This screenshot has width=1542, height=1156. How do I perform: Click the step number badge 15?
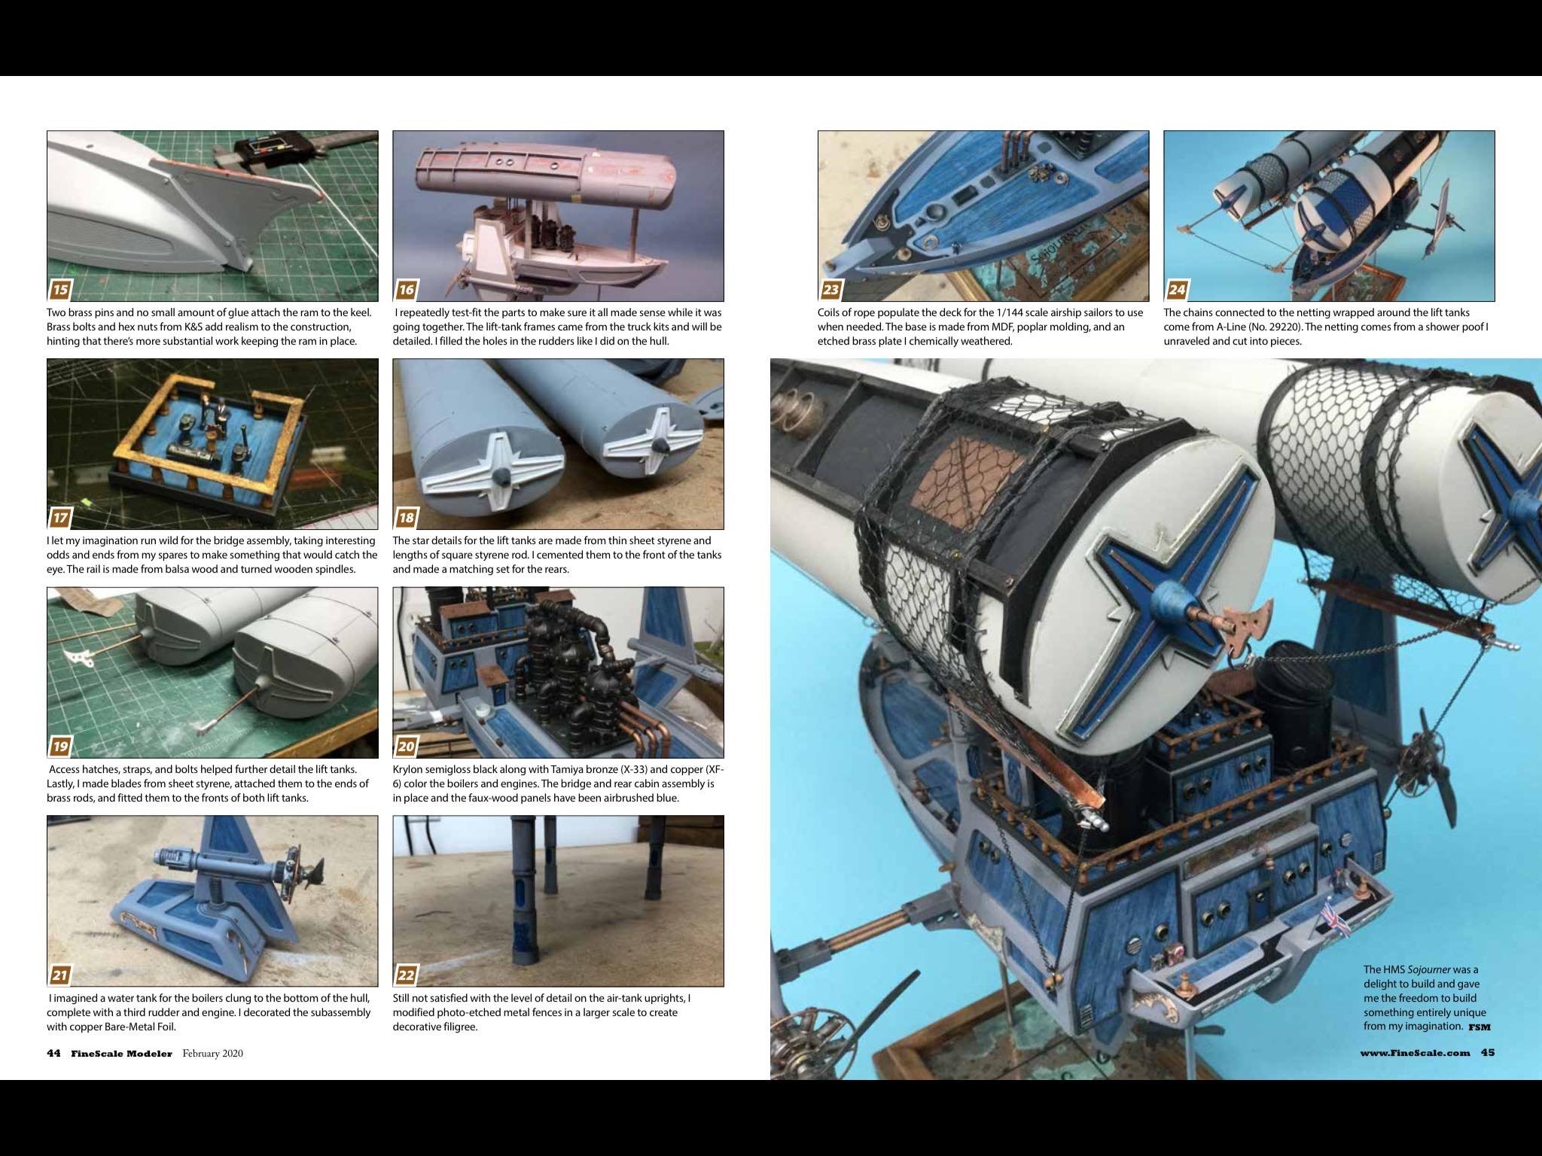(x=60, y=290)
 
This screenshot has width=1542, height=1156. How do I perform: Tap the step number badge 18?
(x=407, y=518)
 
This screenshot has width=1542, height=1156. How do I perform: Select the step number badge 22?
(x=407, y=975)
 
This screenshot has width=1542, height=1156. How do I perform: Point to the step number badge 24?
(x=1177, y=290)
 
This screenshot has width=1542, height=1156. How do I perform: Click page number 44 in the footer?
(x=53, y=1054)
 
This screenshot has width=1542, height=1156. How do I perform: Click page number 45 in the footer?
(x=1488, y=1053)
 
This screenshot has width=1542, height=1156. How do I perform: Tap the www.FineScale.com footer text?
(x=1415, y=1053)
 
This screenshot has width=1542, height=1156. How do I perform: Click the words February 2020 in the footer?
(x=212, y=1054)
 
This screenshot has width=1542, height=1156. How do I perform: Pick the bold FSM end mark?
(x=1479, y=1027)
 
